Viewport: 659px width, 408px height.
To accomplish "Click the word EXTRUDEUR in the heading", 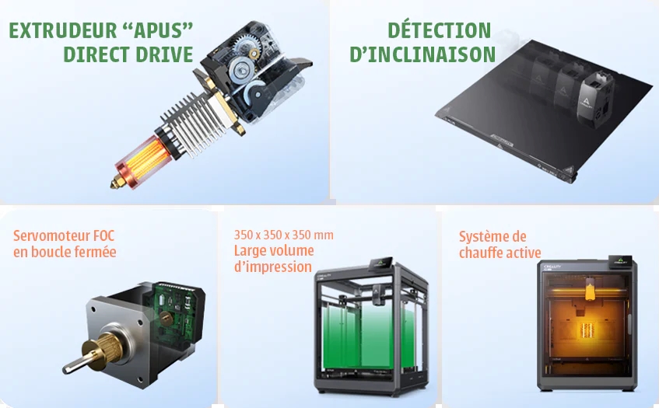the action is pos(63,30).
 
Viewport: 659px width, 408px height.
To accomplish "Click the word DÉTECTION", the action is pos(439,30).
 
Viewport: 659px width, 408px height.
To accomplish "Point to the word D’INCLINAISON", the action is pos(422,54).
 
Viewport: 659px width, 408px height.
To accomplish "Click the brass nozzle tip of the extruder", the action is pos(117,183).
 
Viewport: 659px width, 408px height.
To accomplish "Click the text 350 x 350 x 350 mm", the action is pos(284,235).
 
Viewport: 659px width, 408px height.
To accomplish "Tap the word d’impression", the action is pos(273,267).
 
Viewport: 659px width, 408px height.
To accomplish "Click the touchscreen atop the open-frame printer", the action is pos(381,264).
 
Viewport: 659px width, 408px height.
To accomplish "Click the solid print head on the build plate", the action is pos(596,98).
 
